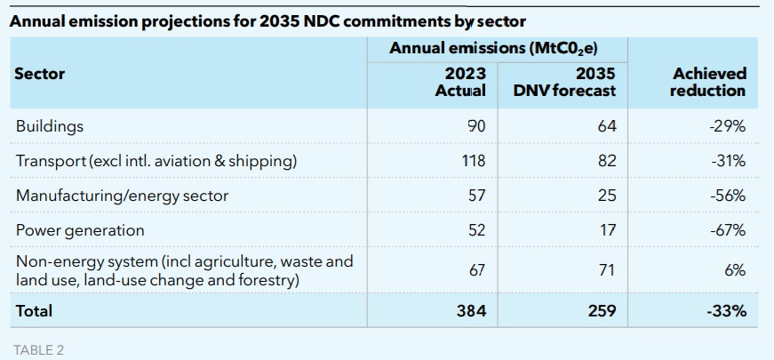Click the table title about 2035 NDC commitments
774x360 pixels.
coord(267,21)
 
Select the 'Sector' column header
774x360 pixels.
coord(40,73)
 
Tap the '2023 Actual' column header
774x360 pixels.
coord(459,82)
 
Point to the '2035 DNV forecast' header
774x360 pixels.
coord(564,82)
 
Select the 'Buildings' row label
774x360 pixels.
coord(50,126)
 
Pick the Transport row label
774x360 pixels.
coord(156,161)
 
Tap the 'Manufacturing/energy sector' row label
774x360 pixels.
coord(122,196)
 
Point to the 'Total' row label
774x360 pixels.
coord(34,311)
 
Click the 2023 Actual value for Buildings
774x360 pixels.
coord(476,126)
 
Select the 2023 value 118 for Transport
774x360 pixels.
coord(474,161)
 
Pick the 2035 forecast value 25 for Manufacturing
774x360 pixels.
coord(607,196)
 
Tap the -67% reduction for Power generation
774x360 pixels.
coord(728,230)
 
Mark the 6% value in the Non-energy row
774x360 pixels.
coord(734,270)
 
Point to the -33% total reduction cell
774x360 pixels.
coord(727,311)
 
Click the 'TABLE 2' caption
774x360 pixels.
coord(39,349)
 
